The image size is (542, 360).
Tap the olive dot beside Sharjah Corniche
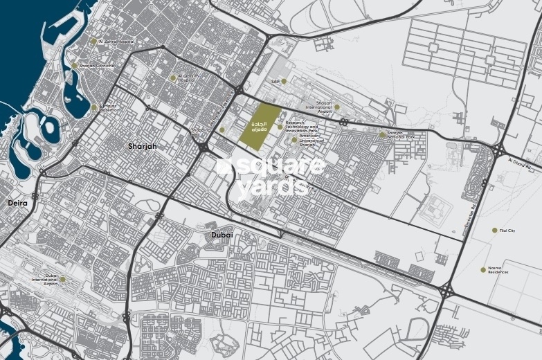pos(75,66)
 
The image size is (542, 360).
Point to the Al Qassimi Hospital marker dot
pos(173,78)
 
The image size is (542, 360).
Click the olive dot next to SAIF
pos(284,82)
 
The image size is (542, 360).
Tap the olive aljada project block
pos(260,126)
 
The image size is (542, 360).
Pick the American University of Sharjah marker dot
pos(294,139)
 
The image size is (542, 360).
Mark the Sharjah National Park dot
pos(381,135)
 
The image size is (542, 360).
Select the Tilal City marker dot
pos(494,231)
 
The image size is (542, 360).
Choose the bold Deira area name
pos(17,204)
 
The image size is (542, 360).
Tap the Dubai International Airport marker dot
pos(62,280)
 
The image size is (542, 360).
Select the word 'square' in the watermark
pos(277,167)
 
